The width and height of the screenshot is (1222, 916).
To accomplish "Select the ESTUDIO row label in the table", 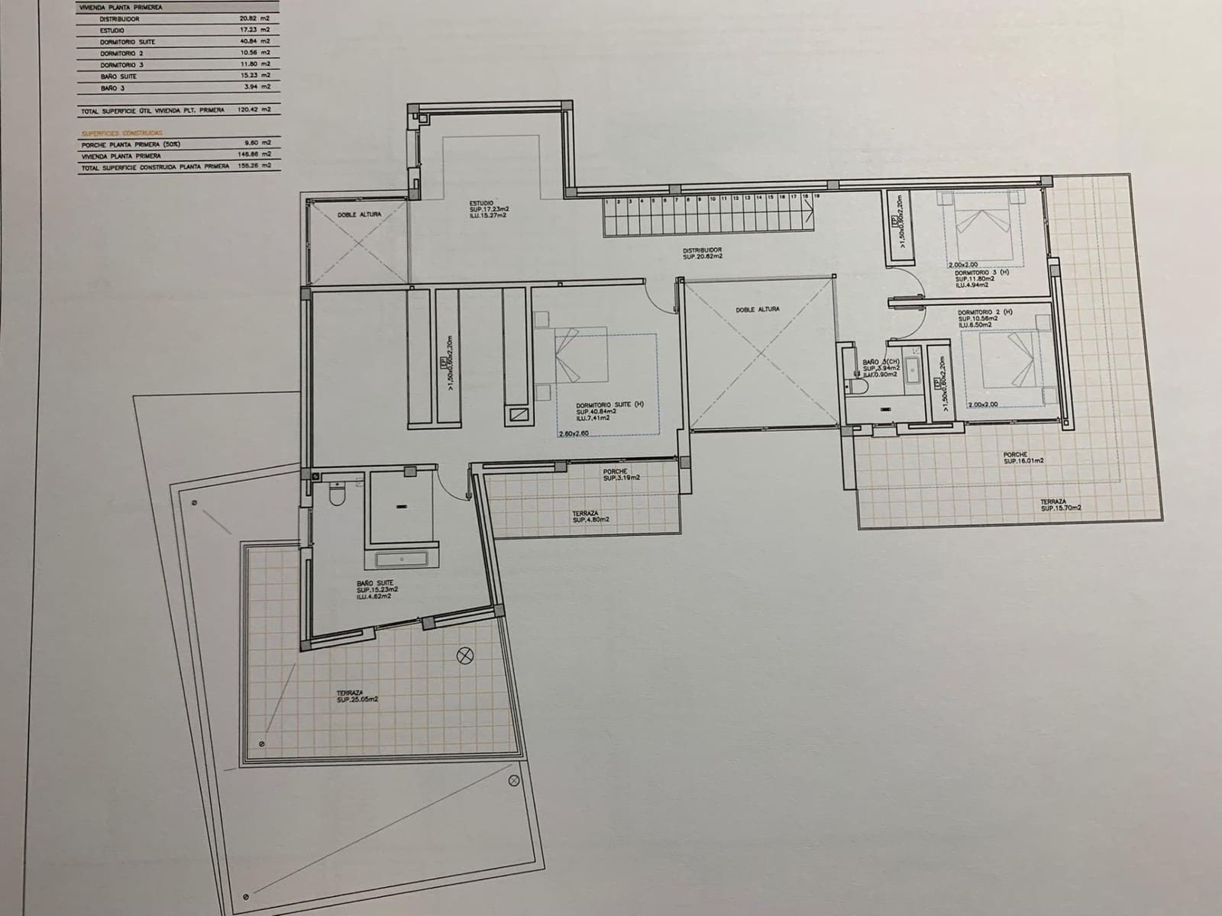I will click(112, 30).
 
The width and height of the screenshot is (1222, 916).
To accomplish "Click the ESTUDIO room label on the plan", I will click(483, 203).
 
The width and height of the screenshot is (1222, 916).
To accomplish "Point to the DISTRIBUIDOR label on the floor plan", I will click(702, 250).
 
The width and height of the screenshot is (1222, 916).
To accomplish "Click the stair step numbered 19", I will click(817, 196).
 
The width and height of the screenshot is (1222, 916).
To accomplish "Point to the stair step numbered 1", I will click(606, 202).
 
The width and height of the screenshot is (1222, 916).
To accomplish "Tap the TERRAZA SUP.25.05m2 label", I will click(357, 695).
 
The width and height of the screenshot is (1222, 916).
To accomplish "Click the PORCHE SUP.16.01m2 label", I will click(1023, 458).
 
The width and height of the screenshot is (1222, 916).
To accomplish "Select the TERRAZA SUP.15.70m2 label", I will click(1061, 505).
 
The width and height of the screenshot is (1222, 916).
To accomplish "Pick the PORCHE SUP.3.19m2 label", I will click(621, 475).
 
